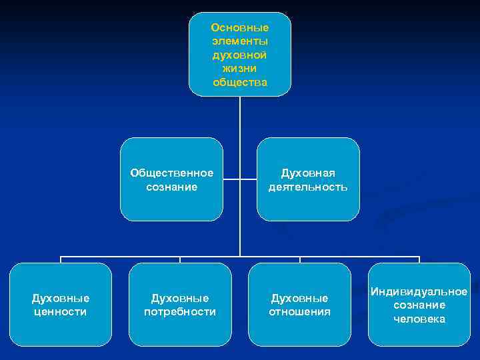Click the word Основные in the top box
(240, 28)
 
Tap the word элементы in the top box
(240, 41)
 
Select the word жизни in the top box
(240, 69)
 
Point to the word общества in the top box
(240, 82)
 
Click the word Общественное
(172, 173)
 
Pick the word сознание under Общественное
(172, 187)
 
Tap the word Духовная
(308, 173)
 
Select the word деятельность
(308, 187)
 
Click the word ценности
(60, 311)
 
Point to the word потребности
(180, 311)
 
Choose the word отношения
(300, 311)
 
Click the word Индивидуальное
(419, 292)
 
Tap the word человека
(419, 319)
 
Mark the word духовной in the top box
(240, 55)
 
